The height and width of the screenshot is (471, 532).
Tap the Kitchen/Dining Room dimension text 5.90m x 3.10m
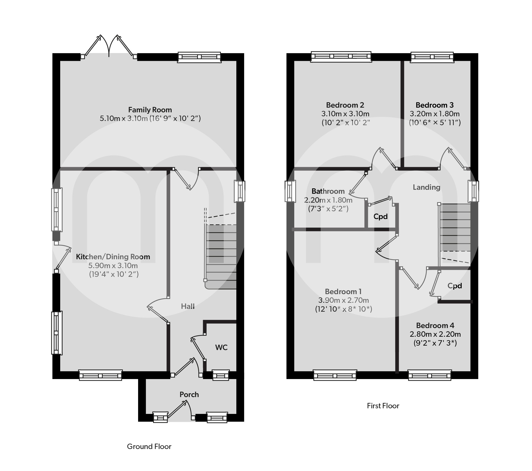tap(113, 266)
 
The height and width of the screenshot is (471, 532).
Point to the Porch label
tap(189, 395)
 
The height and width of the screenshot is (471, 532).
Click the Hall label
tap(188, 306)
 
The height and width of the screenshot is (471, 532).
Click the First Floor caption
tap(383, 406)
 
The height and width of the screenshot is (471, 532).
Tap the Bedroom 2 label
tap(345, 105)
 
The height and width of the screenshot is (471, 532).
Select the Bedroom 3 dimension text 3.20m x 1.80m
tap(435, 114)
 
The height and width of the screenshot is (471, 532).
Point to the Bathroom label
tap(328, 191)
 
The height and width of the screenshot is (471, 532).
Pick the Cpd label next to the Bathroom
tap(381, 216)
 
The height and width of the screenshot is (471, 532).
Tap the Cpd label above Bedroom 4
tap(455, 286)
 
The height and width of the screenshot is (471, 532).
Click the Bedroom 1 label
tap(343, 292)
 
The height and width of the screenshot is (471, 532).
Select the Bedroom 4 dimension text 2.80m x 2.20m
tap(435, 334)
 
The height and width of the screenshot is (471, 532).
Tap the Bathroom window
tap(291, 191)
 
